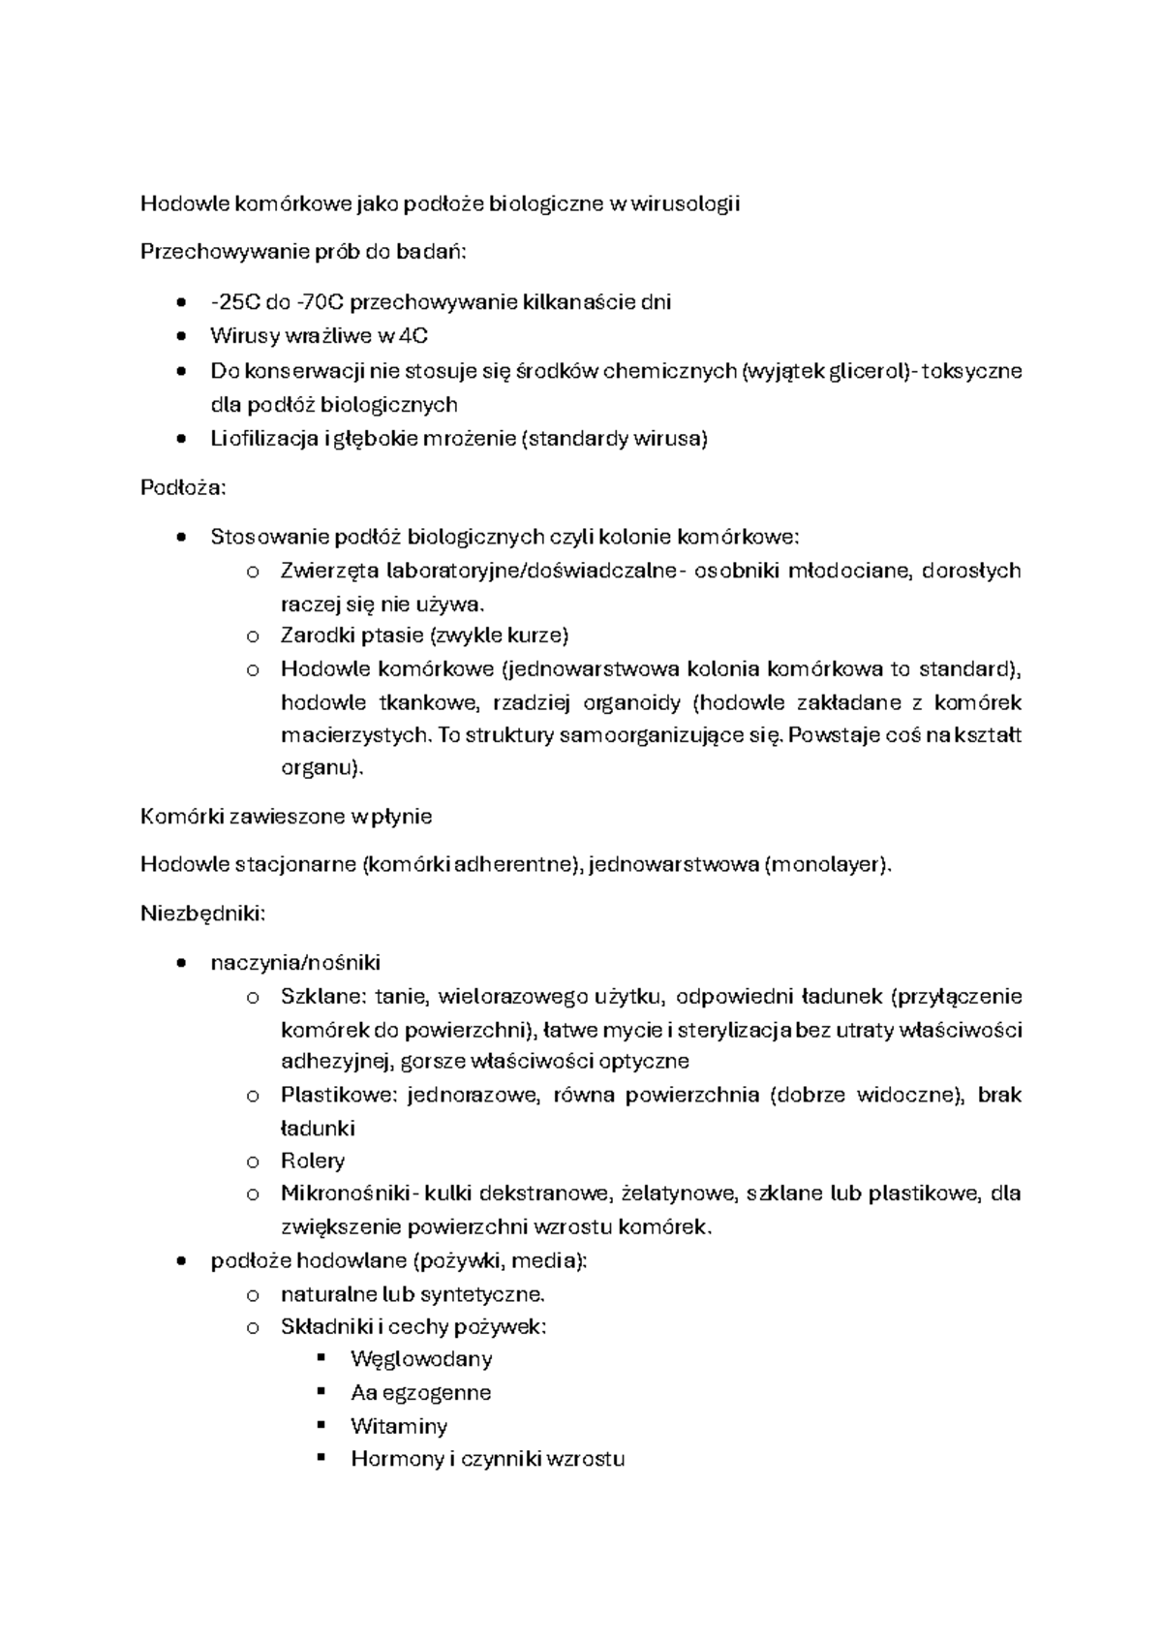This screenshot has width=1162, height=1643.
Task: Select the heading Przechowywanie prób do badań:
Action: pos(303,252)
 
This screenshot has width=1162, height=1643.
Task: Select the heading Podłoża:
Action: pos(183,487)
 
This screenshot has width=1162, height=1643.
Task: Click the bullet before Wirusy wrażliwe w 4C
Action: pos(181,337)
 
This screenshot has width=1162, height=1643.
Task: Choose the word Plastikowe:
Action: pos(339,1096)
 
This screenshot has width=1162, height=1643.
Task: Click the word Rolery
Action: pos(313,1161)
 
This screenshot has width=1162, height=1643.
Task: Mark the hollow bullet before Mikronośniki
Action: pos(253,1194)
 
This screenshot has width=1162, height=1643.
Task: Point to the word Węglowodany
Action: pos(421,1359)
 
